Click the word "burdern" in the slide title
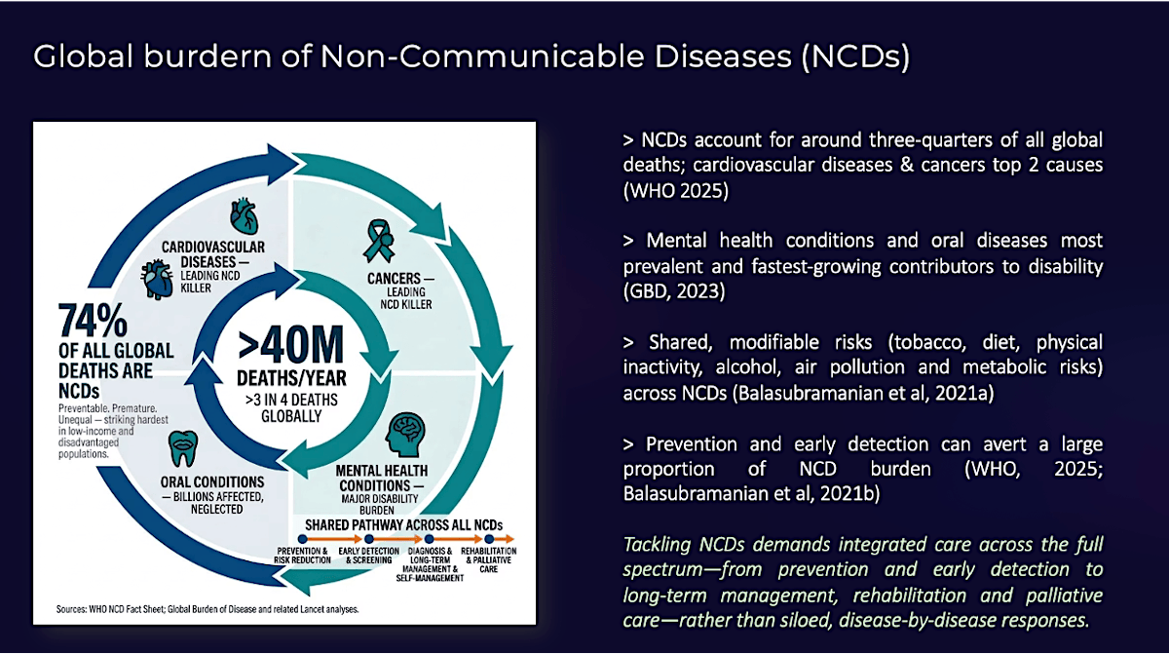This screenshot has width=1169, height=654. click(207, 56)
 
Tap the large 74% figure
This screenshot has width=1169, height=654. click(93, 320)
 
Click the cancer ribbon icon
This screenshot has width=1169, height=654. click(379, 241)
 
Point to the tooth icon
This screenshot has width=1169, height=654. click(183, 448)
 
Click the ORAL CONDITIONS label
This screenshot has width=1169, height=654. click(212, 481)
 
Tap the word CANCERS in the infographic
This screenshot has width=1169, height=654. click(394, 278)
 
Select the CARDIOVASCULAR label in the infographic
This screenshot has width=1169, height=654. click(213, 247)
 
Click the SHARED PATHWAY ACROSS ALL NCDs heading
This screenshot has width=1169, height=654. click(404, 524)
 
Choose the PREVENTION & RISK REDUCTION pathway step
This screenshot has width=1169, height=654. click(302, 556)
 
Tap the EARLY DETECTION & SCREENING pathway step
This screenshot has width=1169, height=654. click(368, 556)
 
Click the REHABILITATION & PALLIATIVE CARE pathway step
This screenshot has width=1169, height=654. click(488, 559)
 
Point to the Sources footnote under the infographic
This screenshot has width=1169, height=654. click(207, 609)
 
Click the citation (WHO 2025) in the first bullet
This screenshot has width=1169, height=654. click(676, 190)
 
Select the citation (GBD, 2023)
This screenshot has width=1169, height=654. click(674, 291)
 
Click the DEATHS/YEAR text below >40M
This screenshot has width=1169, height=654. click(291, 378)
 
